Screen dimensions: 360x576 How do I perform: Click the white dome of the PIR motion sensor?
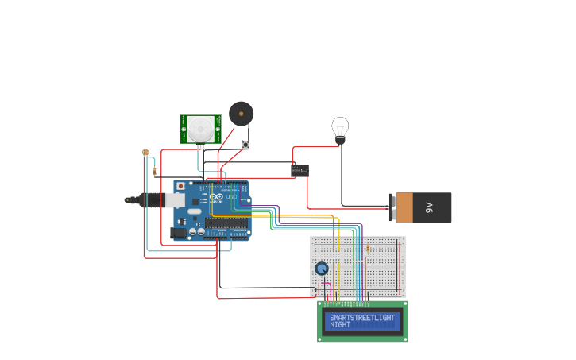coord(200,129)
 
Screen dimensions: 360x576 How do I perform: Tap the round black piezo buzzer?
coord(242,114)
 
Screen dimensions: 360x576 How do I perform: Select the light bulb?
coord(340,128)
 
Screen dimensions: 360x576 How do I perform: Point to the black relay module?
coord(300,169)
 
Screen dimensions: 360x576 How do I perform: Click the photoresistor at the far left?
coord(145,153)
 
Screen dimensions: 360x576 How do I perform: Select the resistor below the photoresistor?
coord(154,171)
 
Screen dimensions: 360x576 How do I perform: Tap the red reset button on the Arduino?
coord(180,186)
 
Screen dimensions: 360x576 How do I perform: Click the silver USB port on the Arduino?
coord(175,200)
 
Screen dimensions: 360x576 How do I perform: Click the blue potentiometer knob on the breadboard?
coord(322,269)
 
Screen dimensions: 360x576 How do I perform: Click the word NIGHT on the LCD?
coord(340,325)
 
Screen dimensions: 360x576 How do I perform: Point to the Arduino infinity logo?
coord(216,196)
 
